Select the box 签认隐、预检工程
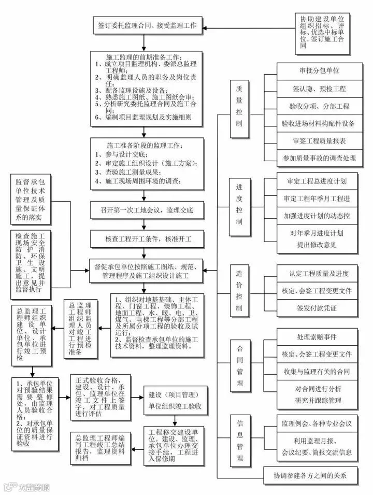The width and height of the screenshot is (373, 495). [x=319, y=89]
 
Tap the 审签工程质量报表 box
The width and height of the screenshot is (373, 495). [x=319, y=140]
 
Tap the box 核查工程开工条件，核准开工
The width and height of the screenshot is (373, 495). [x=148, y=239]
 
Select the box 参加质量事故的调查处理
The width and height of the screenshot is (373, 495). [x=319, y=158]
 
